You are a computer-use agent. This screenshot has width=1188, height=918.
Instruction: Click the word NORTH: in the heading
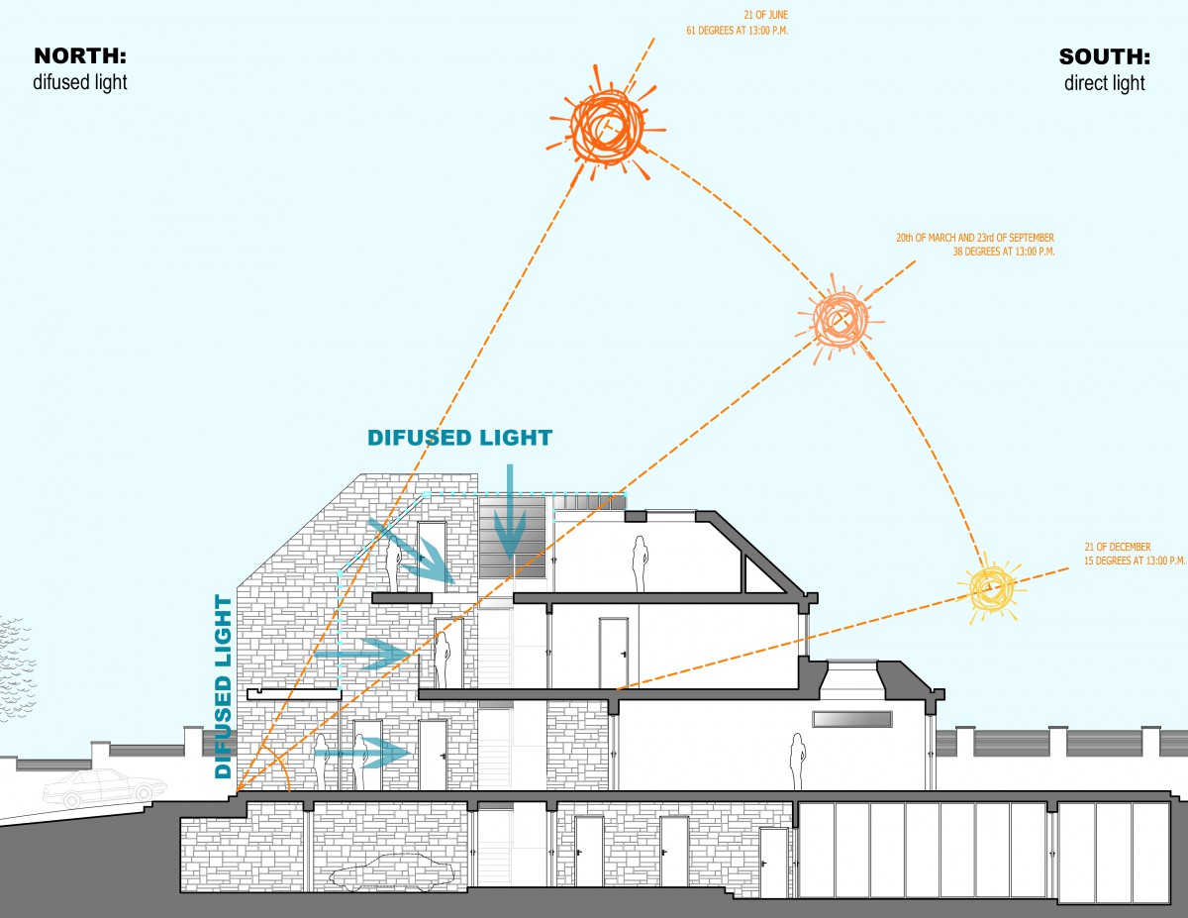click(x=80, y=55)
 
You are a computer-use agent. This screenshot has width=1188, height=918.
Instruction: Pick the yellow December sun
click(x=990, y=588)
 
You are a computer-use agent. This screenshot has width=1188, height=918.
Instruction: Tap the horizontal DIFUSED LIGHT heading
click(x=459, y=438)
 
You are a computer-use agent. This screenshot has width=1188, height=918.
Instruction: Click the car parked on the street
click(x=104, y=787)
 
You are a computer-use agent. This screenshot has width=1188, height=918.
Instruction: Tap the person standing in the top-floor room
click(x=641, y=562)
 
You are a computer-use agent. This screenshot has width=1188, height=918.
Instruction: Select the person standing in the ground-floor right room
click(x=795, y=761)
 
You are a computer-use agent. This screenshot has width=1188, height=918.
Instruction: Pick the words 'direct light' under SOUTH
click(x=1104, y=83)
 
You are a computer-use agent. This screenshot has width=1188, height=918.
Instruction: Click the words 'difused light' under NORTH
click(x=80, y=82)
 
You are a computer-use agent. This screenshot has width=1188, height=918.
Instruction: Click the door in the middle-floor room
click(x=613, y=652)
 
